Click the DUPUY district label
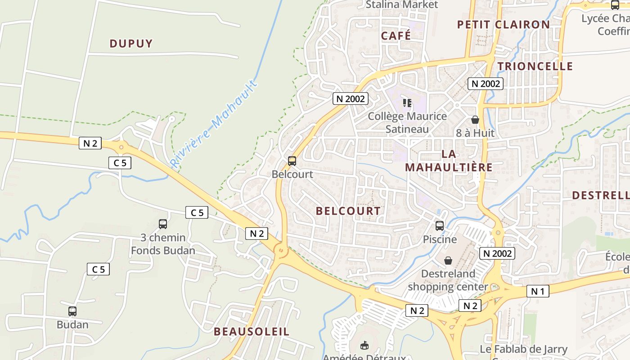131,44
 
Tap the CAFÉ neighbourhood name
396,36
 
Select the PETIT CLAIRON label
504,25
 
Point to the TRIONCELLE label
535,66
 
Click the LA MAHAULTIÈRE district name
449,161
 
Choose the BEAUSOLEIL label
252,332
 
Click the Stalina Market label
401,4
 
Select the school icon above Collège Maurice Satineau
407,103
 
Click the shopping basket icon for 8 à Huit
475,120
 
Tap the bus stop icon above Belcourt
292,161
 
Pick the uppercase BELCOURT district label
348,211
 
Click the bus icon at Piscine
440,226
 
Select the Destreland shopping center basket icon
448,260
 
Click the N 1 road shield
538,291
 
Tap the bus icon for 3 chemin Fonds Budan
163,224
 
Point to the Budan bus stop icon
72,311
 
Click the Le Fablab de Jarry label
523,349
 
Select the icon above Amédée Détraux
364,345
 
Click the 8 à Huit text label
475,133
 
